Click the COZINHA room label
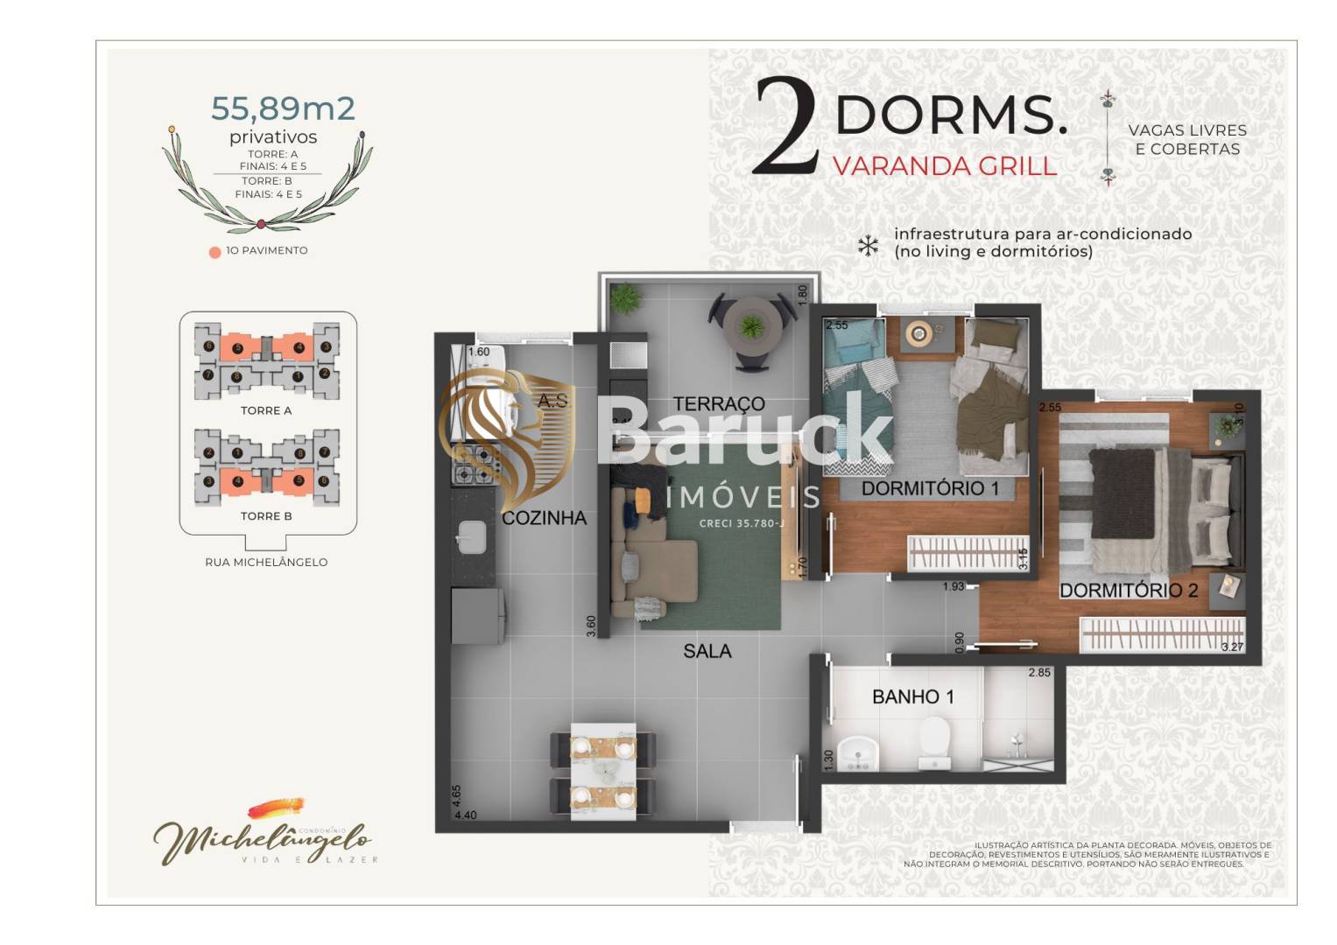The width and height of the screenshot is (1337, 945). (x=544, y=518)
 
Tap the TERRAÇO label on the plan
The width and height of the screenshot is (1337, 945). (x=718, y=403)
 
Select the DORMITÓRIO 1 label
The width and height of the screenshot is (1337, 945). (x=929, y=488)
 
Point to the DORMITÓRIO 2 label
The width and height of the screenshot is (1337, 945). (x=1128, y=591)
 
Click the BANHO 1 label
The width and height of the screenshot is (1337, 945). (x=912, y=697)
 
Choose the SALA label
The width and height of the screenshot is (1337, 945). (x=707, y=651)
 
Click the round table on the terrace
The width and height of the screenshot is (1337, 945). (x=751, y=325)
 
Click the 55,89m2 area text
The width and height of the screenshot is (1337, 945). (x=283, y=108)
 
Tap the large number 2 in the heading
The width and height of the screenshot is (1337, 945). (x=784, y=125)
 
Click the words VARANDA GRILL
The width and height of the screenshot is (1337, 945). (x=944, y=166)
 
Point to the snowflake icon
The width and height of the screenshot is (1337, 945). (x=867, y=246)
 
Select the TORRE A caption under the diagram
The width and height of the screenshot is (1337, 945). (x=266, y=410)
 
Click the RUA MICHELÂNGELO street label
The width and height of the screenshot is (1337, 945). (x=266, y=563)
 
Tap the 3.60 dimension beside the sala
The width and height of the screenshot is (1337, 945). (x=591, y=626)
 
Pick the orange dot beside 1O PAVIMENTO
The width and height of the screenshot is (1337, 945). (x=215, y=253)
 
